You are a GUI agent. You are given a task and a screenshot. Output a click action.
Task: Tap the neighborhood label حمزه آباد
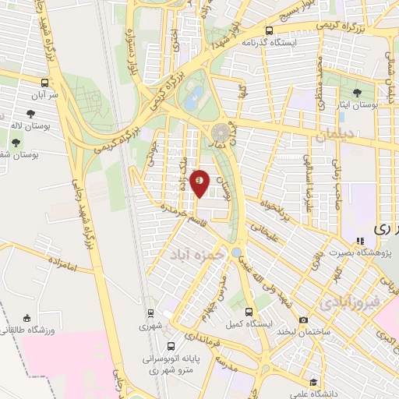coord(201,255)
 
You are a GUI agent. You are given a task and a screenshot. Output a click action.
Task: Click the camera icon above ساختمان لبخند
coord(303,320)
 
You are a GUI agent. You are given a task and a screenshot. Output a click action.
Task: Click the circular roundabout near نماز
coord(222,130)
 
